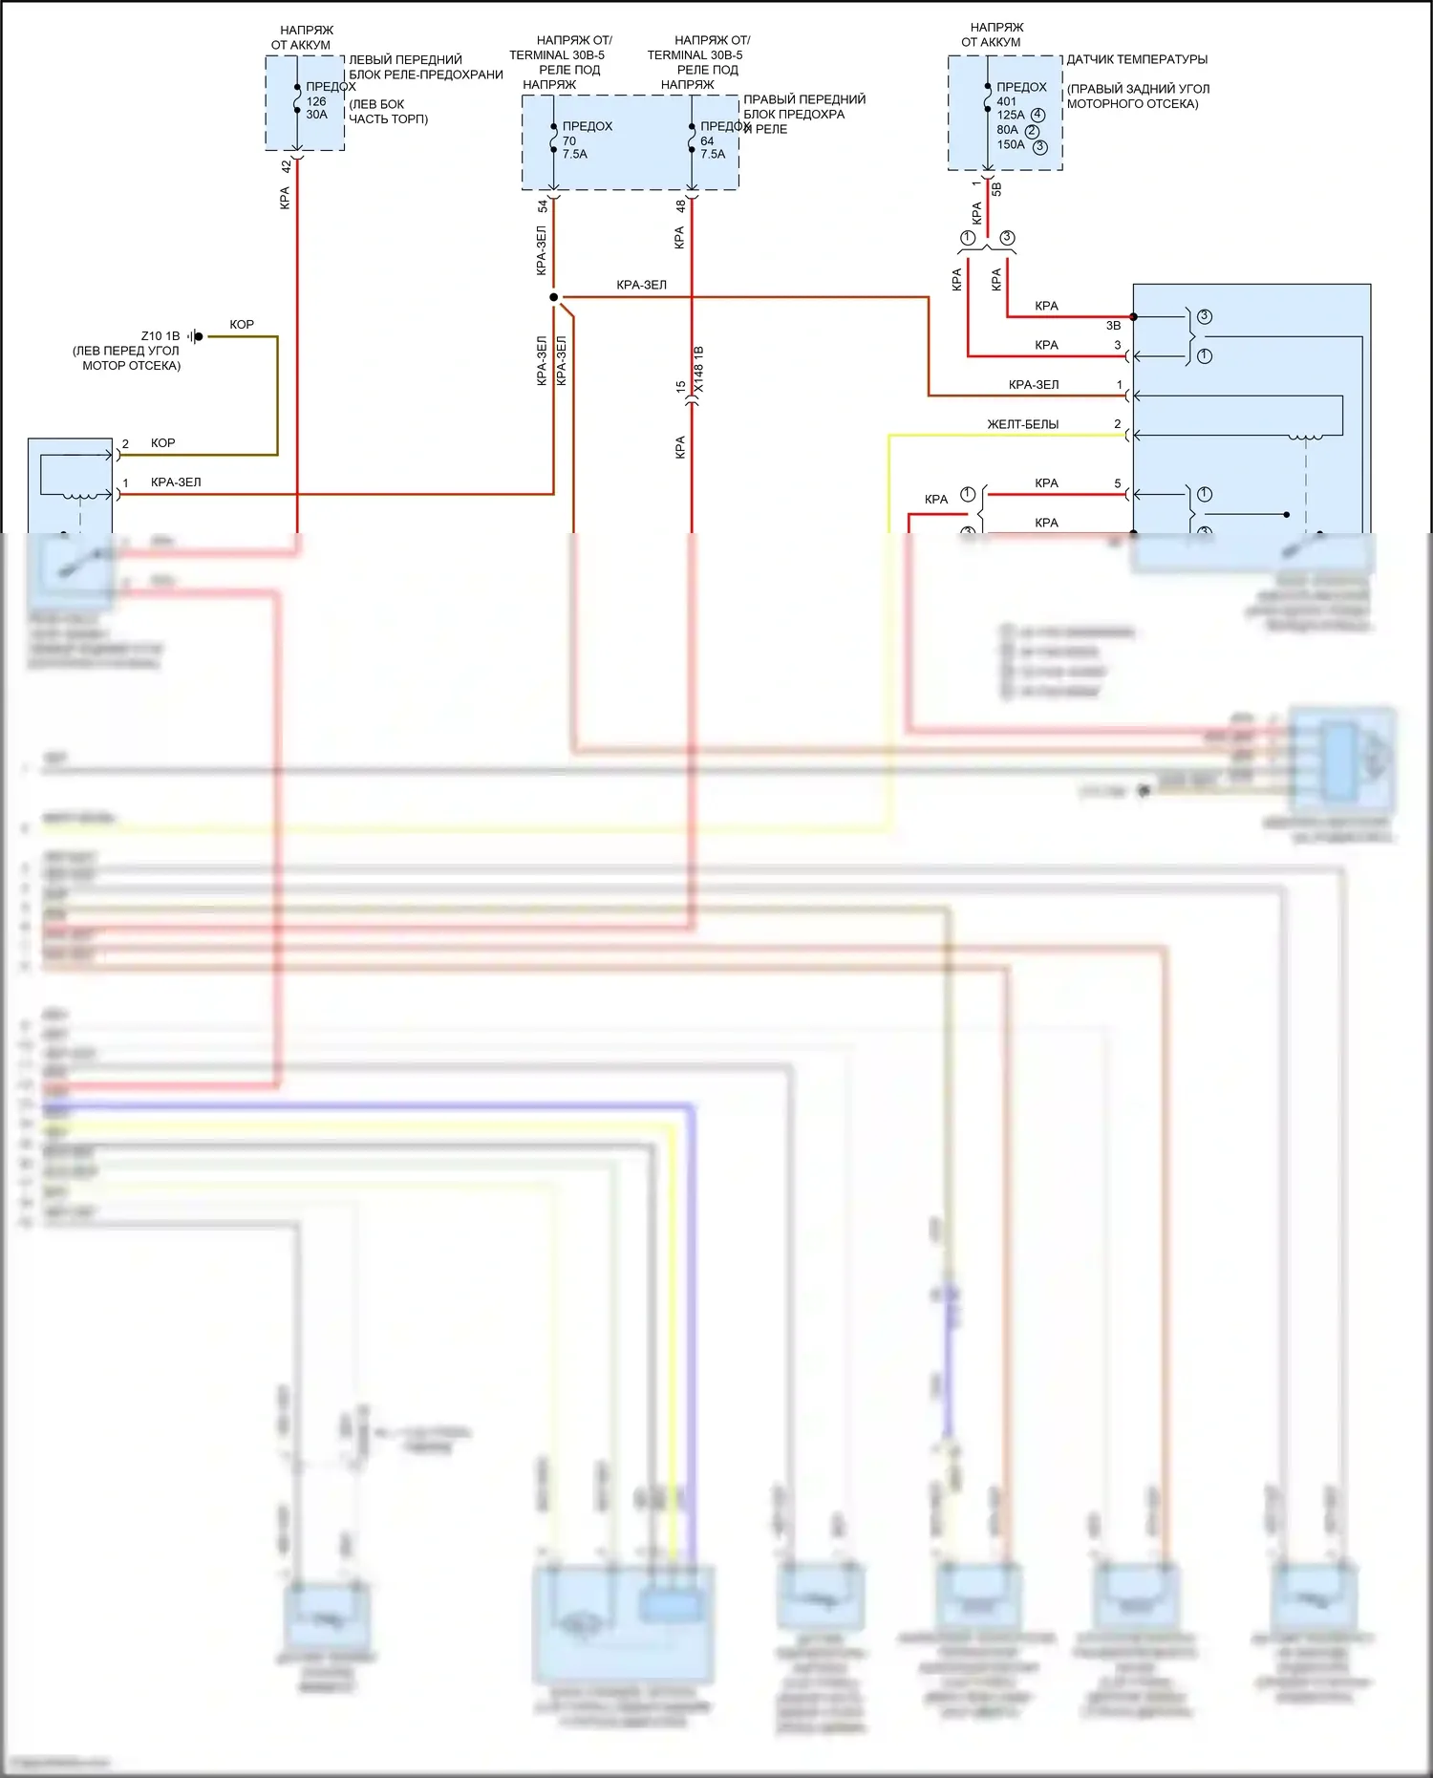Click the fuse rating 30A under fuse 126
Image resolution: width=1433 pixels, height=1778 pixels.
click(x=316, y=115)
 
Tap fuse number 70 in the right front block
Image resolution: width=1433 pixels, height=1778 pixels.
click(x=569, y=140)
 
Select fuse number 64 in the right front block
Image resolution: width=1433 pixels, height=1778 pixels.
click(x=707, y=140)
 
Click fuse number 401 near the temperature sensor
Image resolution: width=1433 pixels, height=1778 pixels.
click(x=1007, y=101)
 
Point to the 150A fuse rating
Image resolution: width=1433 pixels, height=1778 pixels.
click(x=1011, y=145)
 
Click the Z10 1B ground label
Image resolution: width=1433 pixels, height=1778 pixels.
click(x=160, y=336)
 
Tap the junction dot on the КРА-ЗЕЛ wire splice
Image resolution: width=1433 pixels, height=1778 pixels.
click(x=554, y=297)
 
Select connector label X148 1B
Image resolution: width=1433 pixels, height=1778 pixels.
click(x=699, y=370)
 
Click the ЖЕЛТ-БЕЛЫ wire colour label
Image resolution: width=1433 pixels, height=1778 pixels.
click(x=1022, y=424)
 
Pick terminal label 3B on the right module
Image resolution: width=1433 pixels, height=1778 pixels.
click(x=1113, y=326)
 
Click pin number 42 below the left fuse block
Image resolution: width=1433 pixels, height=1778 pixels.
click(x=286, y=165)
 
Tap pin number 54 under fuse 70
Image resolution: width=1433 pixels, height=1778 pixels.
click(x=543, y=205)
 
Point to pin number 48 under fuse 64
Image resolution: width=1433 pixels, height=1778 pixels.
click(x=680, y=205)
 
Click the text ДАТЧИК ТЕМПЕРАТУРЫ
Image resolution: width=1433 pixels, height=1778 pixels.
click(x=1137, y=59)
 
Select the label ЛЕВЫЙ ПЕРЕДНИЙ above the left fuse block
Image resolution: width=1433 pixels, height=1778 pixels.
click(x=405, y=59)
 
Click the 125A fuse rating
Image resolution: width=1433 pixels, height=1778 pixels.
click(x=1011, y=116)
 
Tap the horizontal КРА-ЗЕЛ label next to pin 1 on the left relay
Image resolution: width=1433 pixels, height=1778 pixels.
click(x=176, y=482)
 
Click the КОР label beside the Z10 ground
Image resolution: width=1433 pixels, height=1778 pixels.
click(x=242, y=325)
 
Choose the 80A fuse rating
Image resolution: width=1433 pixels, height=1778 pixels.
click(x=1008, y=130)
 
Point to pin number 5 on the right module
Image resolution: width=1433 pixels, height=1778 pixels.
click(x=1118, y=483)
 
